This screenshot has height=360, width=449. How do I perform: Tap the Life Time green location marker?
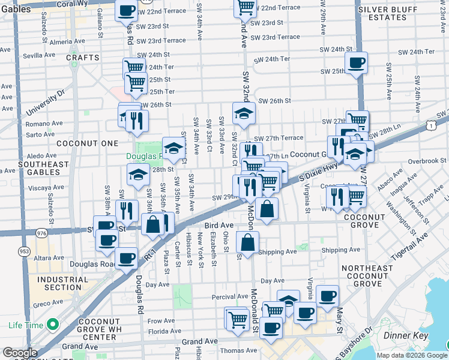[53, 325]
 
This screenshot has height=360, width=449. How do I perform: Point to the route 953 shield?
[24, 251]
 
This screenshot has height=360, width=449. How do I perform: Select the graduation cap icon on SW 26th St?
[244, 113]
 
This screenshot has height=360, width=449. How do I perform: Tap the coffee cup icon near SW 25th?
[356, 62]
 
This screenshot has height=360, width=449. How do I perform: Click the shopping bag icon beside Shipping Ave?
[247, 242]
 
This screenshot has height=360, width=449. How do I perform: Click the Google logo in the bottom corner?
[20, 352]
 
